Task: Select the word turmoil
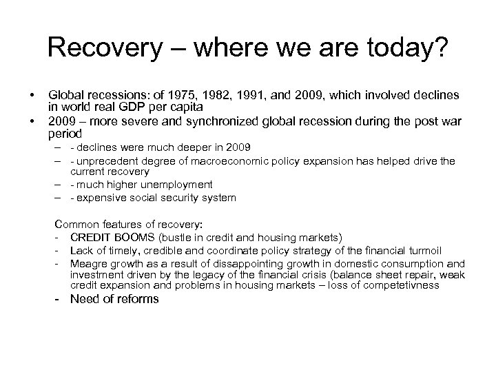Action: [442, 250]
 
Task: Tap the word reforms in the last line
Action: [134, 298]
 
